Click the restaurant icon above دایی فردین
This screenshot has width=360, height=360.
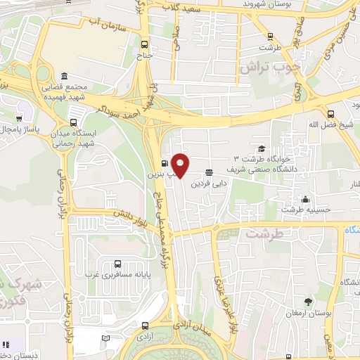(210, 172)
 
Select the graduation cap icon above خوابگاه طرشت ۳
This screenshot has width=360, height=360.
(262, 148)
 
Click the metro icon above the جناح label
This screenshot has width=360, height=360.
(145, 41)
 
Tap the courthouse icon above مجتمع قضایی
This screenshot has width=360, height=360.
(64, 76)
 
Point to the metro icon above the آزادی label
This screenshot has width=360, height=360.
(145, 326)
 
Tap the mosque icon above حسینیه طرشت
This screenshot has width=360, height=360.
(304, 198)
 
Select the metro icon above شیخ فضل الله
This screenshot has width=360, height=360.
(331, 114)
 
